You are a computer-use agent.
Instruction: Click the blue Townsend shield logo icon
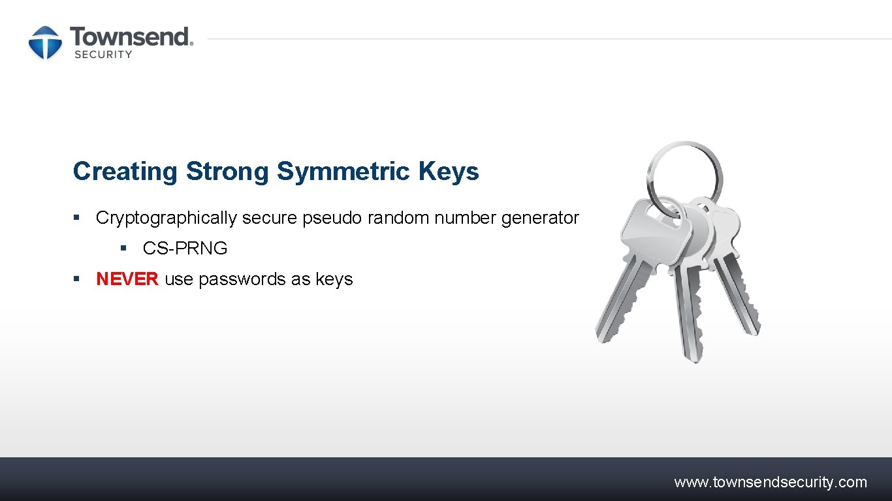coord(45,42)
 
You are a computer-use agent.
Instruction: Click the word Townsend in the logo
coord(131,37)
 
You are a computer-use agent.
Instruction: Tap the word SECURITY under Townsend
coord(103,55)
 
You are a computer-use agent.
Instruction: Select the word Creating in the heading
coord(125,172)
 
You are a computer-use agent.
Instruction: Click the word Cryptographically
coord(166,218)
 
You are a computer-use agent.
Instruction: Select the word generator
coord(540,218)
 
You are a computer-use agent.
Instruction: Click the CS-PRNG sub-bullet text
coord(185,249)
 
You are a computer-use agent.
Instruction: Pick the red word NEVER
coord(127,279)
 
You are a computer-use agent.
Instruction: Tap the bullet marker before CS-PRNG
coord(123,248)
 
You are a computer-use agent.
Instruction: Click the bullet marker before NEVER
coord(76,279)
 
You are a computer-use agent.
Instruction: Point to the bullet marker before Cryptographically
coord(76,217)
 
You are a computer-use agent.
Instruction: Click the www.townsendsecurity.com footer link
coord(771,483)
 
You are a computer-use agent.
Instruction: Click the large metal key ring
coord(684,171)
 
